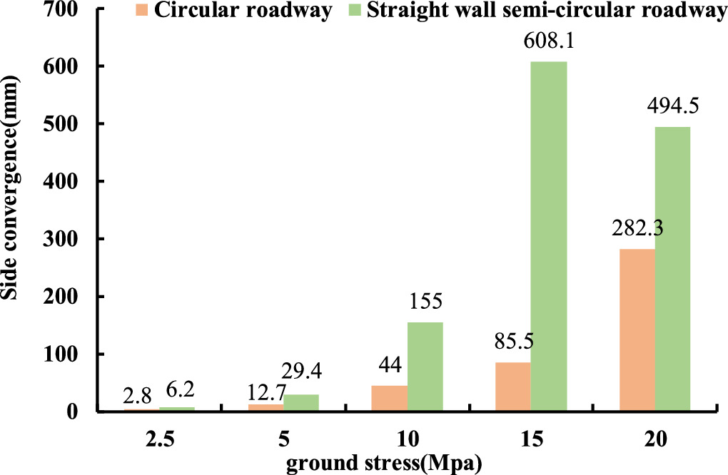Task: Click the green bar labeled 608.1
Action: pyautogui.click(x=548, y=236)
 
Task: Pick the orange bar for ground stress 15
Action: pyautogui.click(x=513, y=387)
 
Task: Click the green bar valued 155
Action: pyautogui.click(x=425, y=367)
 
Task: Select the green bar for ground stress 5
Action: pyautogui.click(x=301, y=403)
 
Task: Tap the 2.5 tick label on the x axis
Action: pyautogui.click(x=159, y=440)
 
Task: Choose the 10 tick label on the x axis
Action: pyautogui.click(x=407, y=440)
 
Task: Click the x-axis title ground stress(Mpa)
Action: pyautogui.click(x=385, y=464)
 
